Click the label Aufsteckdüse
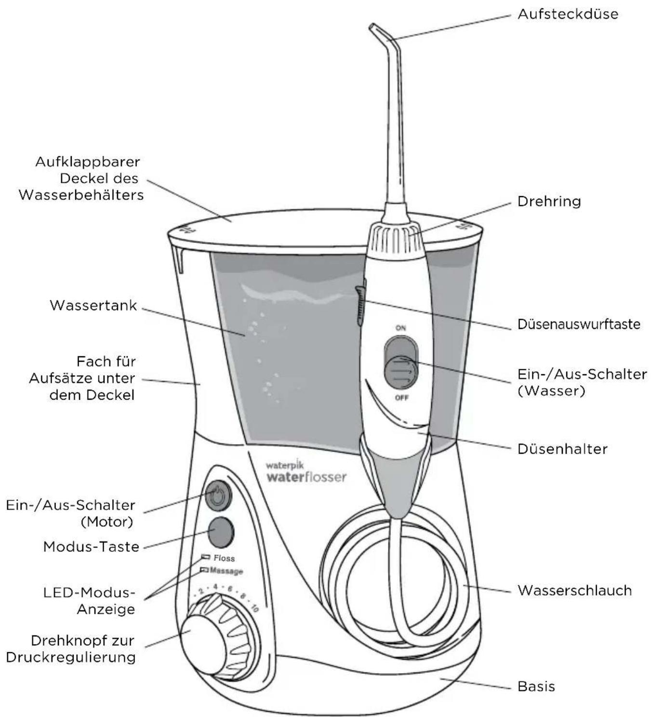pyautogui.click(x=568, y=14)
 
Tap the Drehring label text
pyautogui.click(x=549, y=201)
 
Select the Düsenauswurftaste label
pyautogui.click(x=579, y=324)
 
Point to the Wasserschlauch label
pyautogui.click(x=574, y=590)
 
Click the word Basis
pyautogui.click(x=536, y=686)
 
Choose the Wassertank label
pyautogui.click(x=93, y=305)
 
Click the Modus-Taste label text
pyautogui.click(x=91, y=546)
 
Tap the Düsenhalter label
pyautogui.click(x=562, y=449)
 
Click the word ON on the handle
pyautogui.click(x=400, y=328)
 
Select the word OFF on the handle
pyautogui.click(x=401, y=398)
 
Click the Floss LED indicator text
pyautogui.click(x=224, y=558)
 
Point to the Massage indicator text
pyautogui.click(x=226, y=571)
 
